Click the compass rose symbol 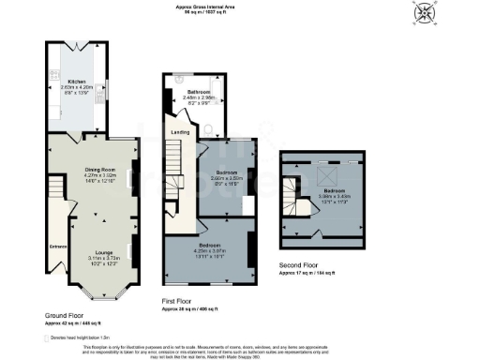coord(425,14)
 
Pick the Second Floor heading coord(304,264)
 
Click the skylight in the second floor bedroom coord(330,175)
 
